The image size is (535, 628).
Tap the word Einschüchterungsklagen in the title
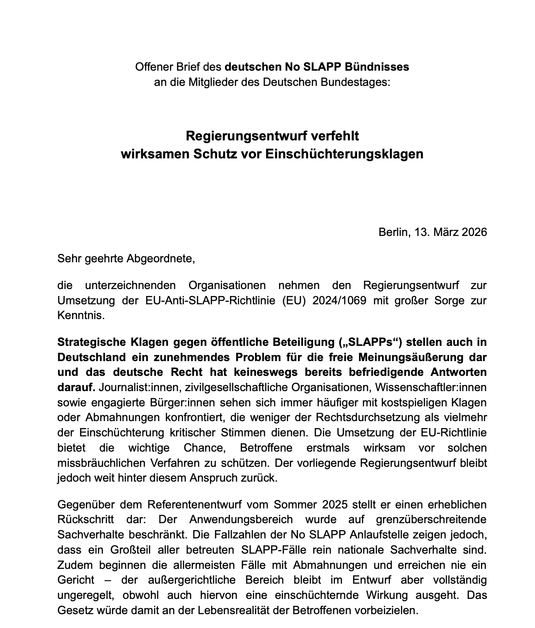pyautogui.click(x=345, y=154)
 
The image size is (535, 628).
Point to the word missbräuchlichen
pyautogui.click(x=99, y=463)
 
